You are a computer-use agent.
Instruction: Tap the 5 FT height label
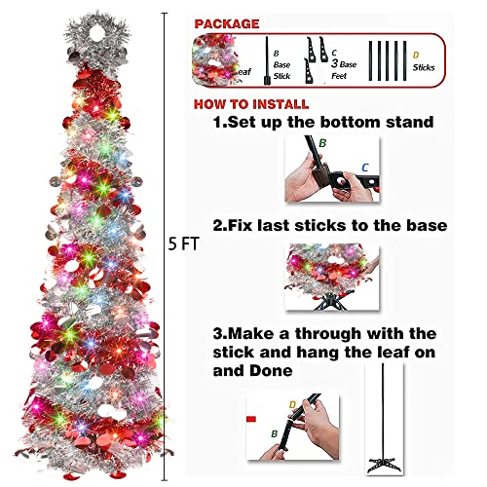(x=183, y=243)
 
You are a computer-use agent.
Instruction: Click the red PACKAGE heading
(x=227, y=23)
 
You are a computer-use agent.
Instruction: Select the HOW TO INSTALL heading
(x=251, y=104)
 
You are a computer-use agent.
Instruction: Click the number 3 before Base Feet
(x=334, y=63)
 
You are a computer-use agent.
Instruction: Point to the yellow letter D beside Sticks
(x=416, y=56)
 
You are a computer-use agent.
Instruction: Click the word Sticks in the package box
(x=424, y=67)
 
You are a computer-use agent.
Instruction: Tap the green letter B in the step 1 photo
(x=322, y=143)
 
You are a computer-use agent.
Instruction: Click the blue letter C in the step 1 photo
(x=365, y=168)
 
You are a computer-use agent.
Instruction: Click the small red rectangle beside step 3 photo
(x=251, y=419)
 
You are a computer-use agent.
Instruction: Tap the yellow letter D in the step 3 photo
(x=292, y=404)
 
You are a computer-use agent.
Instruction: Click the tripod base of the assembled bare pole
(x=384, y=465)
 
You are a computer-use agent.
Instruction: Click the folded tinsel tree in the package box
(x=214, y=60)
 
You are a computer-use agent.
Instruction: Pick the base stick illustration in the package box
(x=267, y=60)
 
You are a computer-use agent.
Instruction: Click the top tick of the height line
(x=165, y=14)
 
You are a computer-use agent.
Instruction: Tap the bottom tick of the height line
(x=165, y=480)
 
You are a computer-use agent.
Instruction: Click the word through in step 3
(x=328, y=334)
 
